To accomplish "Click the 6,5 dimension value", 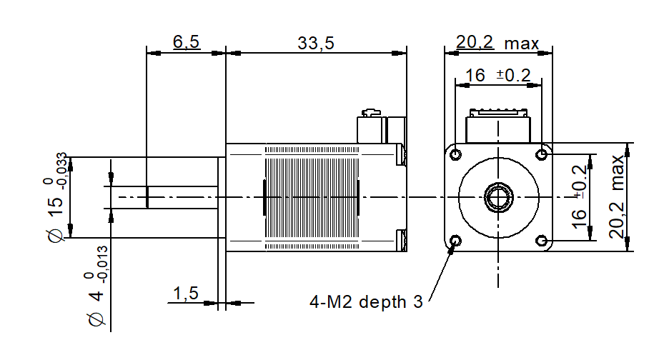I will coord(186,43).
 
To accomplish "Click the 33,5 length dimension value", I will coord(316,43).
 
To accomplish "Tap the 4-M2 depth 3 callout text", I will coord(366,302).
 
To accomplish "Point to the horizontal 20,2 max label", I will coord(497,44).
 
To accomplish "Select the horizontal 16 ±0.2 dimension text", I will coord(498,75).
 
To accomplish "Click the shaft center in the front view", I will coord(498,197).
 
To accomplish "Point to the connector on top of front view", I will coord(498,127).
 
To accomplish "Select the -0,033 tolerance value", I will coord(63,171).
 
